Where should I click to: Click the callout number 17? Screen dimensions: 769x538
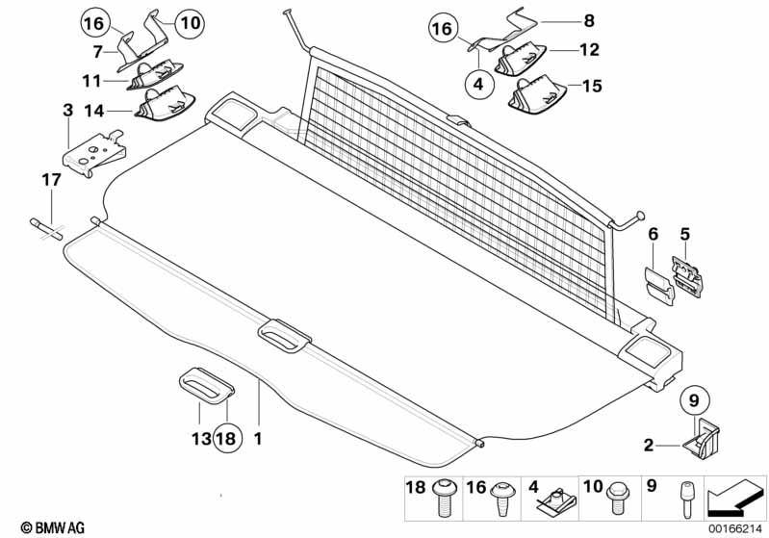pos(51,180)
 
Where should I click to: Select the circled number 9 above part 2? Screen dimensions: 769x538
pos(694,400)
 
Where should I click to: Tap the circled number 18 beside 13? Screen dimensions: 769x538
pos(226,438)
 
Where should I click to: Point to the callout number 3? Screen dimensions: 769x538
pos(67,111)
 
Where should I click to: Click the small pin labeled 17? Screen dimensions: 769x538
pos(46,229)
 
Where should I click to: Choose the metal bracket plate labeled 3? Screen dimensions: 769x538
pos(93,153)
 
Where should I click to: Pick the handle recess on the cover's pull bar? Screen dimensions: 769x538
pos(285,336)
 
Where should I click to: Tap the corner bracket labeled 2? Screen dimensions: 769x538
pos(701,438)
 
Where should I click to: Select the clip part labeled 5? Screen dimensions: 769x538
pos(687,276)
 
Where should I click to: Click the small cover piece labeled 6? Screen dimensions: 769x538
pos(659,286)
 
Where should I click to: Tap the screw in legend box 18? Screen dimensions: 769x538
pos(446,499)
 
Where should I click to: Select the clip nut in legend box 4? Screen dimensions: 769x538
pos(555,501)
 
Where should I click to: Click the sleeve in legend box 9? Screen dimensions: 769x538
pos(686,500)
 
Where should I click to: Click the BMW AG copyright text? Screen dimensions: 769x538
pos(53,527)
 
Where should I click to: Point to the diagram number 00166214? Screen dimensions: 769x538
pos(734,528)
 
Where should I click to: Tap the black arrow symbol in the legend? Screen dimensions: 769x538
pos(734,499)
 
